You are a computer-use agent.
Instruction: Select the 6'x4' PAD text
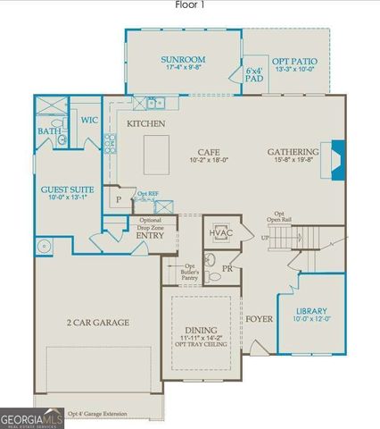255,74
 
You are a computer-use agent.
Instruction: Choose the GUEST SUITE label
68,189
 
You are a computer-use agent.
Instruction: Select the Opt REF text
148,192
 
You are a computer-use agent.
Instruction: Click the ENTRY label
149,235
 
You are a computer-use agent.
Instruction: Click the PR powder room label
227,266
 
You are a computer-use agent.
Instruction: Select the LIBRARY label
312,310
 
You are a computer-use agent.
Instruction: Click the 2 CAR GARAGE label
97,322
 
